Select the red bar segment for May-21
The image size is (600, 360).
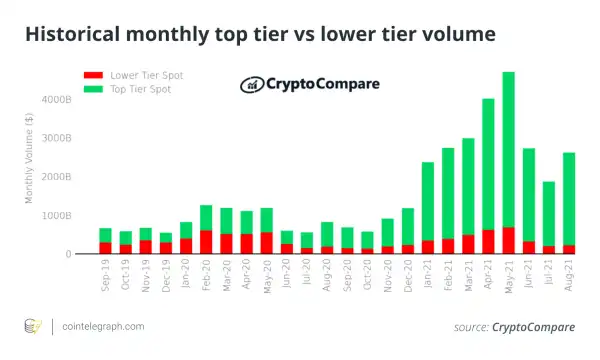pyautogui.click(x=536, y=241)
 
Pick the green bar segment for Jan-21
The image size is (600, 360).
pyautogui.click(x=428, y=201)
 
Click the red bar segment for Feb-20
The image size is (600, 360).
pyautogui.click(x=206, y=242)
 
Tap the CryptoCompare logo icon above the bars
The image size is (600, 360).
pyautogui.click(x=251, y=85)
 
